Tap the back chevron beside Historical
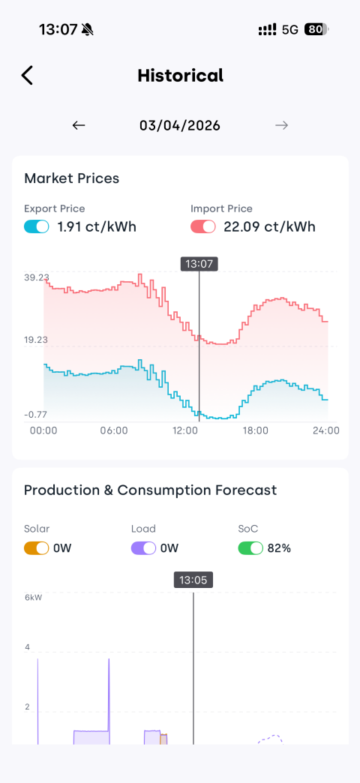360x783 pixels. click(27, 76)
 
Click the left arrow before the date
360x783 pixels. click(79, 125)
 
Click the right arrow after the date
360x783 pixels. click(281, 125)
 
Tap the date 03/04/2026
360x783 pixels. click(180, 125)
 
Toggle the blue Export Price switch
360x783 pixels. click(37, 226)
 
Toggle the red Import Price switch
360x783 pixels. click(203, 226)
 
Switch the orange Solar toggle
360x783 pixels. click(37, 547)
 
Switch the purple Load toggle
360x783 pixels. click(144, 547)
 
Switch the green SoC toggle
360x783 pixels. click(250, 547)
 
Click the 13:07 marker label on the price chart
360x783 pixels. click(199, 264)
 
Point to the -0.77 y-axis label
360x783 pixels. click(34, 414)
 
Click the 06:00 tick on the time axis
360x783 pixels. click(114, 430)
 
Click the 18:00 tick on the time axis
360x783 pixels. click(255, 430)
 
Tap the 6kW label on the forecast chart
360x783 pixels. click(34, 597)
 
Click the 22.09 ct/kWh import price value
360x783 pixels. click(270, 226)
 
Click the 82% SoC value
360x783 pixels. click(279, 547)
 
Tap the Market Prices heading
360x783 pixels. click(72, 178)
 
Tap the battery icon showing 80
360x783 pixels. click(316, 29)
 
